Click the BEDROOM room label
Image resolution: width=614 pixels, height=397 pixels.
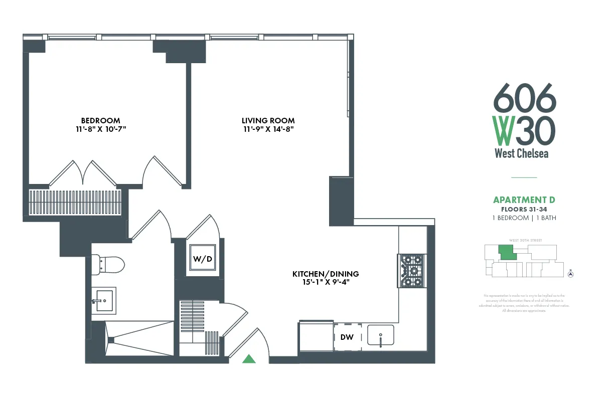point(100,120)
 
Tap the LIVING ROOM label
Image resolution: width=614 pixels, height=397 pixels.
point(268,120)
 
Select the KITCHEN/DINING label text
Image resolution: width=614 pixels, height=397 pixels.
point(326,274)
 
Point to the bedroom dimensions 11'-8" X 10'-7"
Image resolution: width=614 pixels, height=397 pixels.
point(100,129)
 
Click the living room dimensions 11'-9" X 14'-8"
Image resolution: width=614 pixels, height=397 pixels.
point(268,129)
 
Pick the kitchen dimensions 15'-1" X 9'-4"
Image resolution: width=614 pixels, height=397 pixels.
point(326,282)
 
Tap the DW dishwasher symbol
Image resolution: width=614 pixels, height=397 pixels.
point(347,337)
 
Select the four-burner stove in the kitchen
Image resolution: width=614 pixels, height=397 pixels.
point(411,271)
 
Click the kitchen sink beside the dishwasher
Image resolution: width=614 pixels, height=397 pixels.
point(381,335)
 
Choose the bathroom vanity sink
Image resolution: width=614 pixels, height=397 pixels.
point(104,300)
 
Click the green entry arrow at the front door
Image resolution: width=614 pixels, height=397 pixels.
point(249,358)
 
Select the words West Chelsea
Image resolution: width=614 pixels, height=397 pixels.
point(521,153)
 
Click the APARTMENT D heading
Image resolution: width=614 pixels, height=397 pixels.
point(524,201)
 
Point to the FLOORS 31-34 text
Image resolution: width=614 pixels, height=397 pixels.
point(524,210)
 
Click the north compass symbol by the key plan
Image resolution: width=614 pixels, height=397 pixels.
point(570,274)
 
